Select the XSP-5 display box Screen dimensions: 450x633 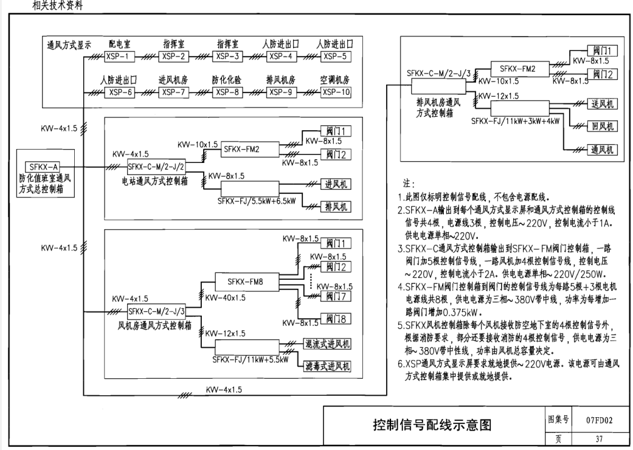[x=336, y=57]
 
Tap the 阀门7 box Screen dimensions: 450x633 [x=336, y=297]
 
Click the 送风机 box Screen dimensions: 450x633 [x=598, y=104]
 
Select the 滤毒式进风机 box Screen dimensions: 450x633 [x=328, y=366]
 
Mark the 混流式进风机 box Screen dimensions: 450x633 [x=328, y=344]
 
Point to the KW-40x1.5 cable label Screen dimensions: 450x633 [x=226, y=298]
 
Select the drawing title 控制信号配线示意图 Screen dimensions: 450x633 [x=431, y=424]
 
